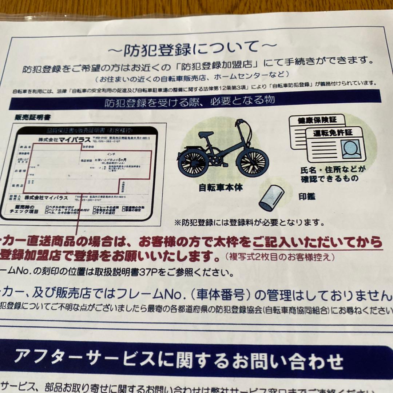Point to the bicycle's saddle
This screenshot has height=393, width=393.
pos(206,135)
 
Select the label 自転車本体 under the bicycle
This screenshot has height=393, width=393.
pos(221,188)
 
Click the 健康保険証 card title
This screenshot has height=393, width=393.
pos(316,120)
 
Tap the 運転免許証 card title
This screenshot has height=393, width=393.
pos(333,133)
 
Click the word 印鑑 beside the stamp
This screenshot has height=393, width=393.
pos(307,197)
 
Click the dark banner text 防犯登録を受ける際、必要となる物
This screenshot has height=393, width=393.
pos(190,101)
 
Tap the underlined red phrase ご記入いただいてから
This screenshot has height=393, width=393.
pos(317,242)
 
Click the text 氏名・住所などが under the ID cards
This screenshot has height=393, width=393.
pos(333,170)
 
